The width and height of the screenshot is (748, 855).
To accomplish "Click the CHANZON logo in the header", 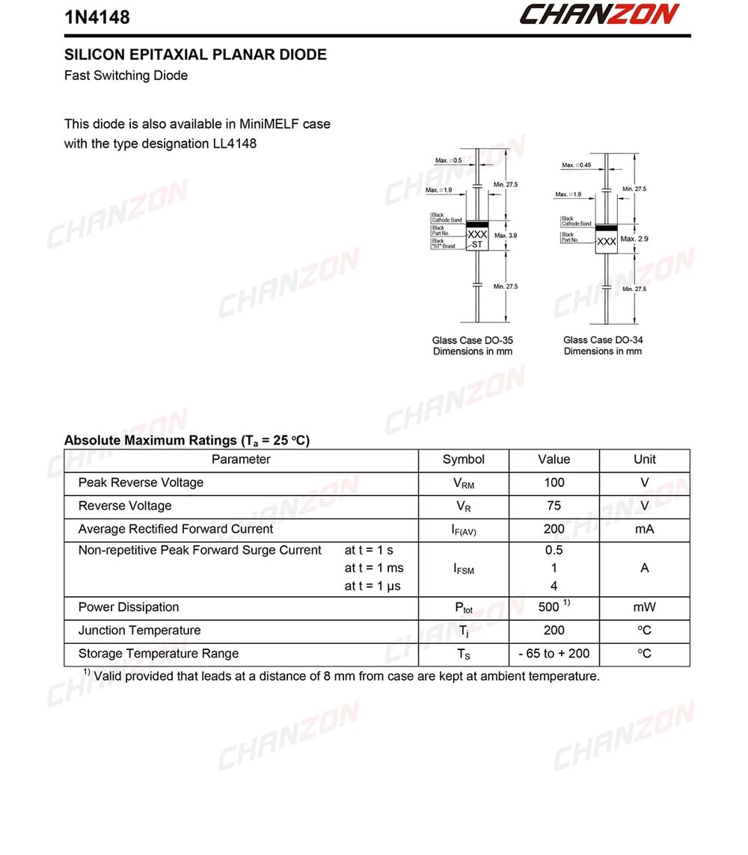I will coord(598,14).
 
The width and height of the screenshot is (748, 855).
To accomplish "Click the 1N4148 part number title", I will coord(97,16).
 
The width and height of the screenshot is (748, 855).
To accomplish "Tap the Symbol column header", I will coord(464,459).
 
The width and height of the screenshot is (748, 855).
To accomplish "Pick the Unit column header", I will coord(644,459).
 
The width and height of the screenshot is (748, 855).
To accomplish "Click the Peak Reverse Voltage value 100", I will coord(554,482).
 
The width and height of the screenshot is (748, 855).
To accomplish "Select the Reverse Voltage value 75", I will coord(554,506).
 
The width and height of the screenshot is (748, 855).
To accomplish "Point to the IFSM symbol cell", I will coord(464,569).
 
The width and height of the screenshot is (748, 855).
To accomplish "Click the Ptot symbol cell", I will coord(464,608).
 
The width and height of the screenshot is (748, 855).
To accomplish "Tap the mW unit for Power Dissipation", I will coord(644,607).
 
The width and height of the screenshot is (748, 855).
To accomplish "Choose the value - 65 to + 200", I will coord(554,654).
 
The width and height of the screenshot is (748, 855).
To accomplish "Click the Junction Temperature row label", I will coord(140,631).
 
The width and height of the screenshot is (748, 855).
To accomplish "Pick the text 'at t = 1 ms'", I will coord(374,569).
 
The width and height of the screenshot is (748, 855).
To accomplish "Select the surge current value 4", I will coord(554,586).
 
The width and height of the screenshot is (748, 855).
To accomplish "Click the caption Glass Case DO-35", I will coord(473,340).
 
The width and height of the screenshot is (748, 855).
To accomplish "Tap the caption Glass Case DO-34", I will coord(603,340).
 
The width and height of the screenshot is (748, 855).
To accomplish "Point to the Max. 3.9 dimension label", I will coord(506,236).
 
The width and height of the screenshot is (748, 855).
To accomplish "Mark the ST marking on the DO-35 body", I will coord(477,245).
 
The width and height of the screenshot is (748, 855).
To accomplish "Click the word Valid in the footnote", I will coord(109,677).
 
